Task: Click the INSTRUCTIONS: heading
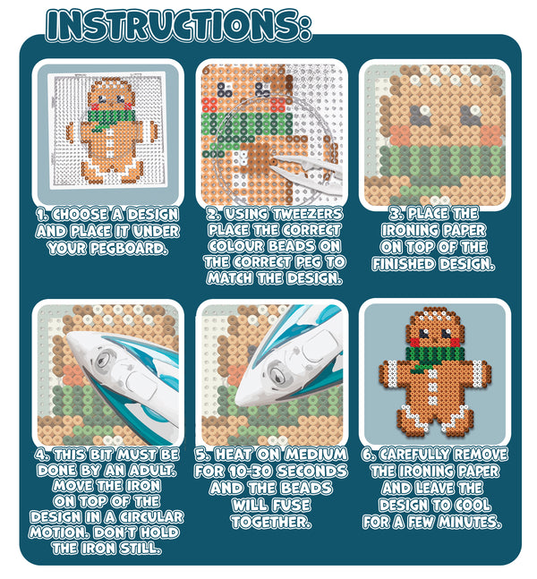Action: coord(179,24)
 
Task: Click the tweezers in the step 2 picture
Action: coord(304,166)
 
